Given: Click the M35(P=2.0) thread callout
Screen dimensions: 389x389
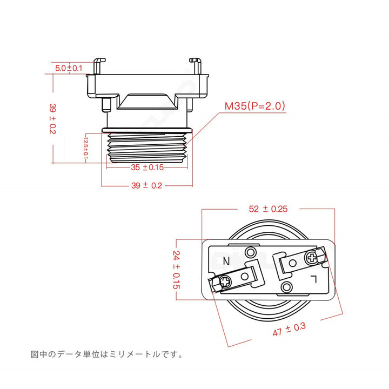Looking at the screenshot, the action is (x=255, y=106).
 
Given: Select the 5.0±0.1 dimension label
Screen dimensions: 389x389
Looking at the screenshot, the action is (x=69, y=68).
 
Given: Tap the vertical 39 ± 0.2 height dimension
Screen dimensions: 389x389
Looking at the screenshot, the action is (x=52, y=119).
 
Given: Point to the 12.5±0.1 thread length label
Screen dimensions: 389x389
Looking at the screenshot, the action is (x=85, y=148).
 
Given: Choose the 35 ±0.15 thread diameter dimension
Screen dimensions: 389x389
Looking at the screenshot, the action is (x=147, y=167).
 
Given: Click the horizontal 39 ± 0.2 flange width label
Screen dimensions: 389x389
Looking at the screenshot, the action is (x=146, y=185).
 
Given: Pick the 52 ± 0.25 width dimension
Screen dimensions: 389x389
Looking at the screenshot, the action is (x=268, y=209).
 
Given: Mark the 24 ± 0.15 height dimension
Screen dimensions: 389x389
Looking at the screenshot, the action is (x=176, y=270).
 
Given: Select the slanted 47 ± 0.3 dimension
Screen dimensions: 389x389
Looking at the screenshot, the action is (x=289, y=329).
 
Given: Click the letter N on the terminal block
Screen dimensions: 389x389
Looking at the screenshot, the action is (x=226, y=261).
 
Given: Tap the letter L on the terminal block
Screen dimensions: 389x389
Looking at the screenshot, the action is (x=314, y=279).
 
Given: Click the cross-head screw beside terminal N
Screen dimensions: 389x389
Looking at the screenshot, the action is (x=225, y=282).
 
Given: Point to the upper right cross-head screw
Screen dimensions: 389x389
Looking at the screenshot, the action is (x=311, y=258).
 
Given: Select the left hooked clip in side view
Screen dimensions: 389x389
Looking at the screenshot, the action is (x=98, y=66).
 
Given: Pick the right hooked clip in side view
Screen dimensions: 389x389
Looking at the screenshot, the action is (x=196, y=66).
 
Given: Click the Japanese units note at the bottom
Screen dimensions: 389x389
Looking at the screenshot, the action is (x=106, y=354).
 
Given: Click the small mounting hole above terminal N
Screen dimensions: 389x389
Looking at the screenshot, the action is (x=251, y=252).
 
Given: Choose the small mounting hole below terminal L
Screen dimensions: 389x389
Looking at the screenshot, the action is (x=286, y=287).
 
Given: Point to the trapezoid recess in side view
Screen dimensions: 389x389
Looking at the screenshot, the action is (x=147, y=102).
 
